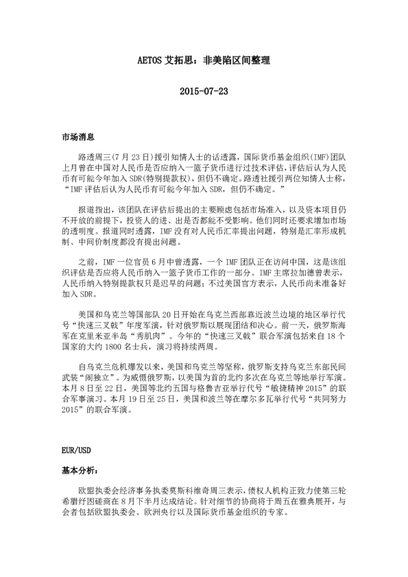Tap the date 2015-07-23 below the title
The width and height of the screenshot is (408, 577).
coord(203,91)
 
